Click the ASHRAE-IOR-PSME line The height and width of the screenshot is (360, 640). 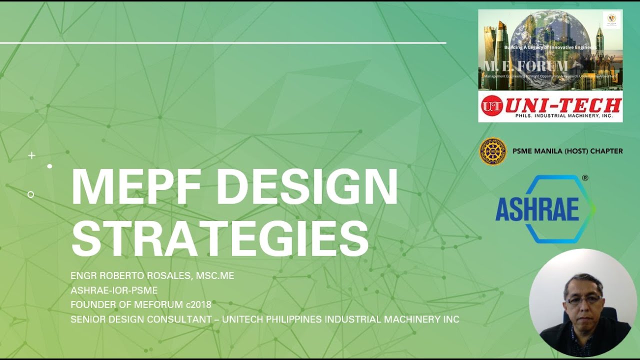114,290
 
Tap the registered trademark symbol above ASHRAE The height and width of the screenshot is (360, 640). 585,178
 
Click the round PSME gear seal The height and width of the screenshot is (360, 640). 492,151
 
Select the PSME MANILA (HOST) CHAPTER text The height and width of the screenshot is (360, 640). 567,151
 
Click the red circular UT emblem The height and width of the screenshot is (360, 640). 491,106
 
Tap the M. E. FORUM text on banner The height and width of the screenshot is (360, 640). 525,66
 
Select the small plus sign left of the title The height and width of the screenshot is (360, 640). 31,155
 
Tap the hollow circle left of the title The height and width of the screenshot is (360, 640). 31,194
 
